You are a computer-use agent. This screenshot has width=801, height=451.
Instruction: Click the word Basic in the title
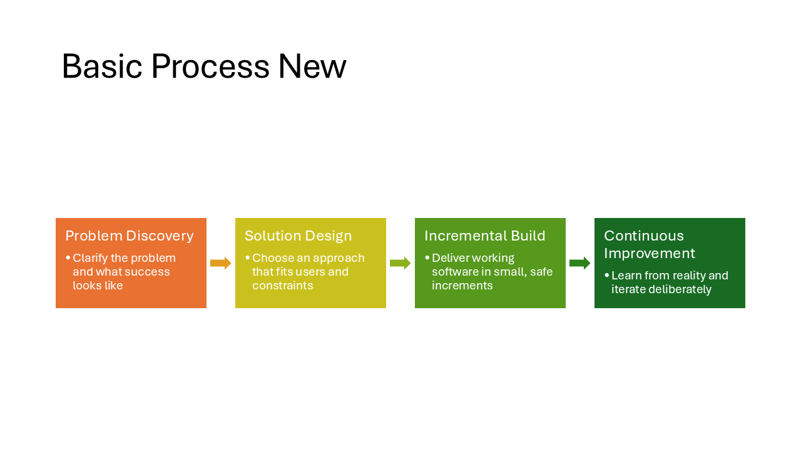click(x=102, y=66)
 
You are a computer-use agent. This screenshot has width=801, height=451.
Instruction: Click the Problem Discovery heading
click(x=130, y=236)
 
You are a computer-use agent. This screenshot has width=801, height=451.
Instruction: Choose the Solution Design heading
click(x=298, y=236)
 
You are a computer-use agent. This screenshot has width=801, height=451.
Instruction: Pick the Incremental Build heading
click(x=484, y=236)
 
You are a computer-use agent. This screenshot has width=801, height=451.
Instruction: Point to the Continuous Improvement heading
click(x=649, y=244)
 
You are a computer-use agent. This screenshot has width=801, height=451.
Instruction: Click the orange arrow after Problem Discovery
click(x=220, y=263)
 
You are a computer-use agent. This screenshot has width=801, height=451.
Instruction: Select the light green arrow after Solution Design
click(x=400, y=263)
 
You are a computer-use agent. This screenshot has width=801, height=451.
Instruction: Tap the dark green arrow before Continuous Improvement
click(x=579, y=263)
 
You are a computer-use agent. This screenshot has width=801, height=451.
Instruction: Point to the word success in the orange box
click(x=148, y=272)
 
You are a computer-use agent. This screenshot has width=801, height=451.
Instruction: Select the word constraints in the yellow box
click(x=282, y=286)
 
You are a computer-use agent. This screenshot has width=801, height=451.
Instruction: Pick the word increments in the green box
click(x=462, y=286)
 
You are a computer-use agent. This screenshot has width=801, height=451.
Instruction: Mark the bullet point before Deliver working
click(x=427, y=258)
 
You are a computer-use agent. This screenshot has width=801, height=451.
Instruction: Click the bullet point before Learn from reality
click(x=606, y=276)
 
